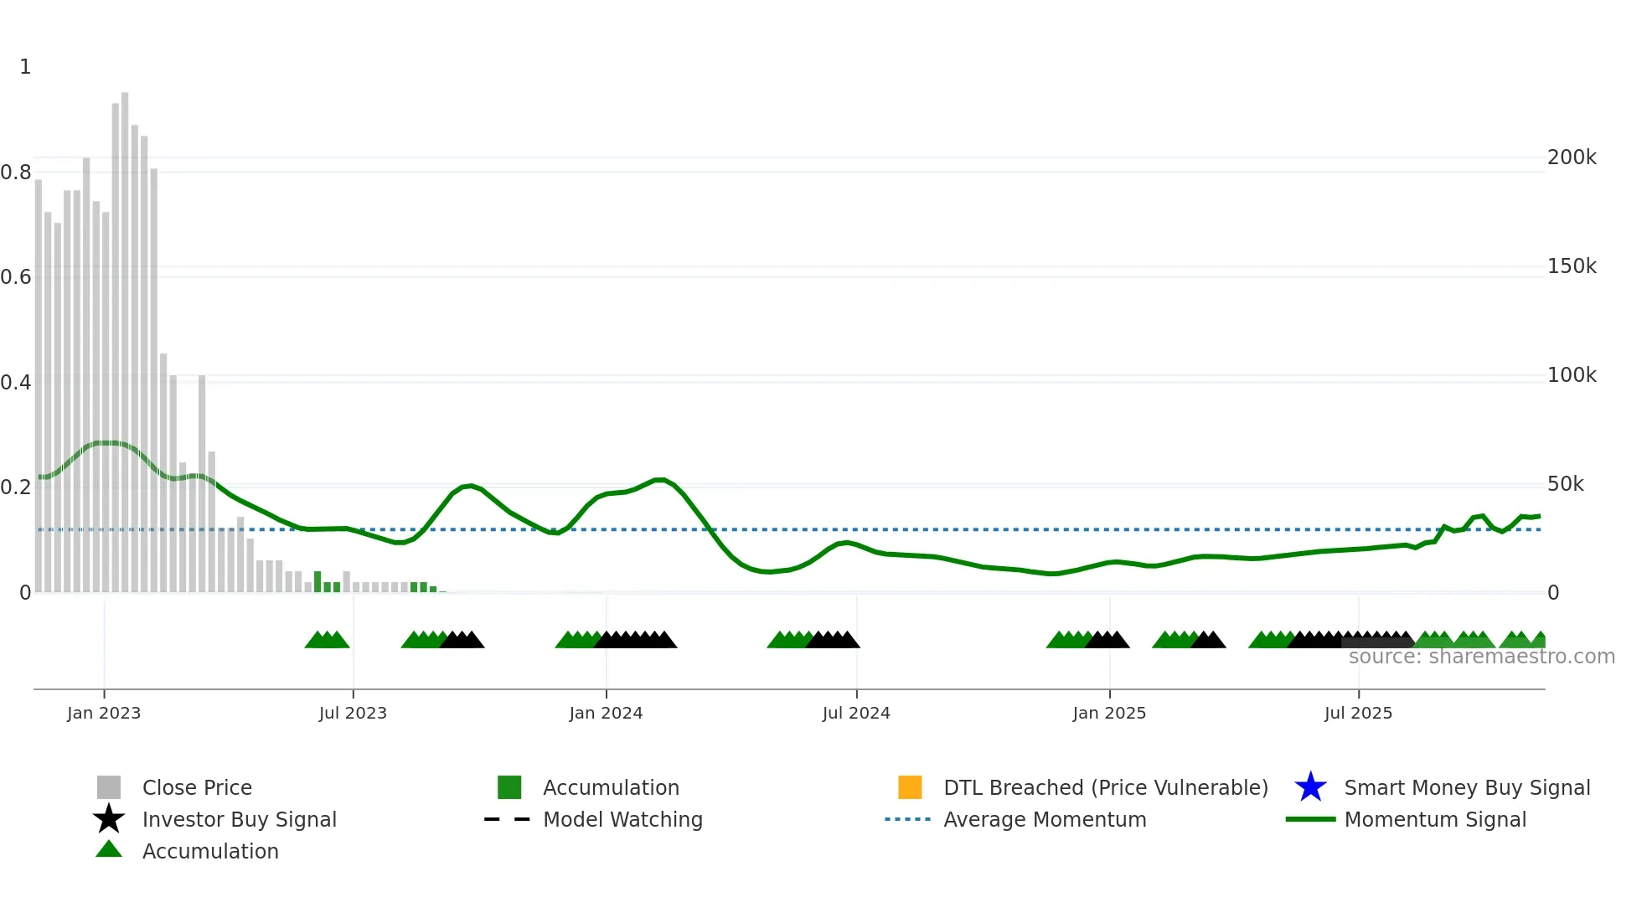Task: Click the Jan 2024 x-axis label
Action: [x=606, y=713]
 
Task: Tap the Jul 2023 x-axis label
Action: [x=353, y=713]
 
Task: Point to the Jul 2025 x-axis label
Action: [x=1358, y=713]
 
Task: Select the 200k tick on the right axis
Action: [x=1572, y=157]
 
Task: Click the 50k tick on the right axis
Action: [x=1565, y=484]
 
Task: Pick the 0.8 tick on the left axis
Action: [x=16, y=173]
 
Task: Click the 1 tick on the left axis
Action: [x=25, y=67]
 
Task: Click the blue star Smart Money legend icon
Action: [x=1310, y=787]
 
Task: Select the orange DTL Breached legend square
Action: [x=910, y=787]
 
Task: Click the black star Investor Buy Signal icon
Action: [x=109, y=819]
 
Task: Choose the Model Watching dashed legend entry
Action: [x=508, y=819]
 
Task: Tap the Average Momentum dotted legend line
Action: [x=908, y=819]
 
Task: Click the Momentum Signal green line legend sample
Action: [x=1310, y=819]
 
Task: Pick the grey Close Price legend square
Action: [x=109, y=787]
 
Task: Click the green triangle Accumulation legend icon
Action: [x=109, y=849]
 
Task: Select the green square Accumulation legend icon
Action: [x=509, y=787]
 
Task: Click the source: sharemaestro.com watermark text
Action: [x=1481, y=657]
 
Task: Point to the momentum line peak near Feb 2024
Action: [x=659, y=480]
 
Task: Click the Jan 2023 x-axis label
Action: [x=104, y=713]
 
